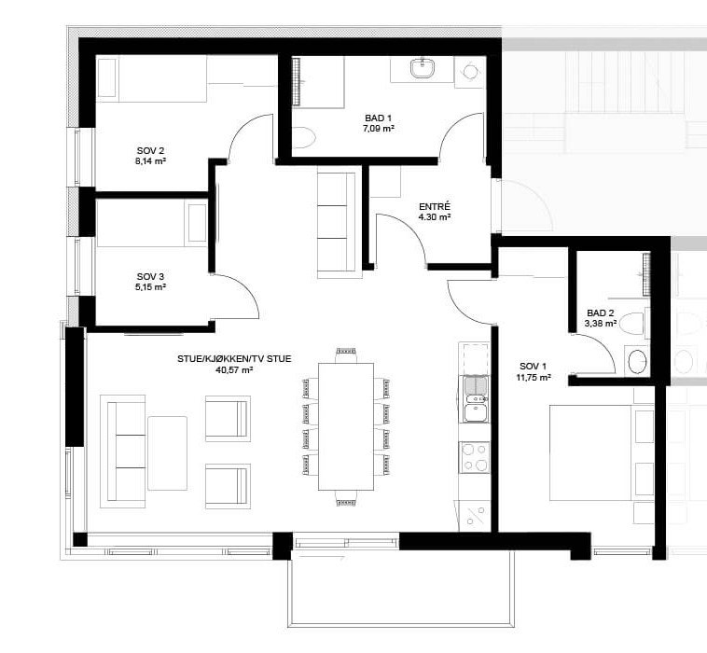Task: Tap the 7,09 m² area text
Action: [x=379, y=128]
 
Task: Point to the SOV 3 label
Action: [x=150, y=276]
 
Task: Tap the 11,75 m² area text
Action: [x=534, y=378]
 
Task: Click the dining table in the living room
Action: [x=346, y=426]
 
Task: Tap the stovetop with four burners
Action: [x=475, y=456]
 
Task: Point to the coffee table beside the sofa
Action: [x=167, y=452]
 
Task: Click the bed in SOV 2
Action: [x=152, y=79]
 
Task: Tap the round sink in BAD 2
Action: [x=637, y=361]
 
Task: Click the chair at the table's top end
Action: [x=346, y=353]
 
